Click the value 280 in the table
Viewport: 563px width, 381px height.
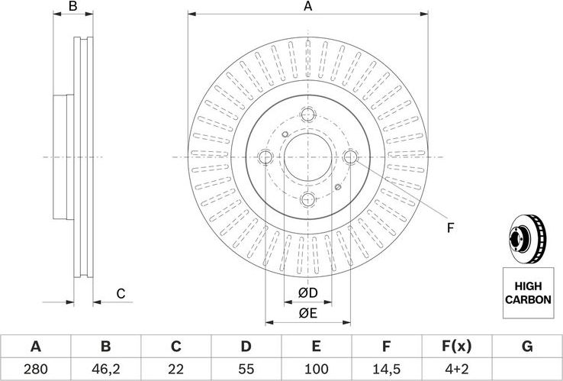pos(35,368)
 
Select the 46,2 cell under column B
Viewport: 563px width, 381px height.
pos(105,368)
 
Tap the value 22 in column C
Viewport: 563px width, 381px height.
pos(175,368)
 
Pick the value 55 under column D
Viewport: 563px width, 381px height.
pos(246,368)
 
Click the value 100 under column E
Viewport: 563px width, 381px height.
pos(316,368)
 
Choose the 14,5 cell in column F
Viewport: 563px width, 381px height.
pos(386,368)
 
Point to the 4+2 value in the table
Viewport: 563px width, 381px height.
pos(456,368)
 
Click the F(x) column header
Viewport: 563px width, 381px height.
pos(456,347)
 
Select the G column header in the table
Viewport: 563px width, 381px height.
pos(526,347)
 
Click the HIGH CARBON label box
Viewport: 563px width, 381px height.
pos(527,292)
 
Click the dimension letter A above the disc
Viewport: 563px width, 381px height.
pos(308,7)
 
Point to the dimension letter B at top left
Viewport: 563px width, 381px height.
pos(73,7)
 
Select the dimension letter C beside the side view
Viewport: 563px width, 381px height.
pos(120,294)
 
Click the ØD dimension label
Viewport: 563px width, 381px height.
pos(307,293)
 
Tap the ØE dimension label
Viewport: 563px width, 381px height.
pos(307,312)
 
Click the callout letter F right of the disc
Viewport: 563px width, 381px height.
pos(450,228)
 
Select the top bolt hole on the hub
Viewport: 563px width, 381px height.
pos(308,115)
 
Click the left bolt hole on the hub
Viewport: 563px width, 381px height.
pos(266,157)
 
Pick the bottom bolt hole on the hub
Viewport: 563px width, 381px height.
pos(308,199)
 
